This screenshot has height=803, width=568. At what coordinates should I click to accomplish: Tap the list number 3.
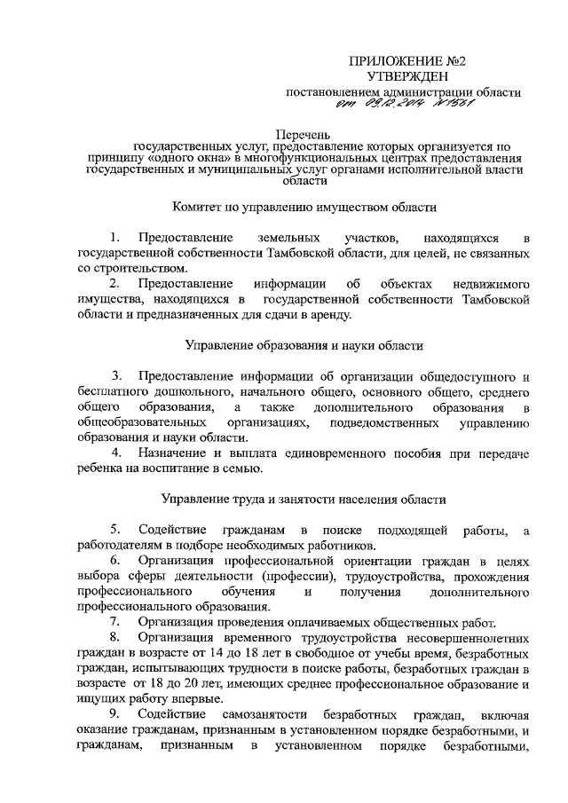(117, 375)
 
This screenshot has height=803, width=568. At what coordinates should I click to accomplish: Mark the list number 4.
(117, 453)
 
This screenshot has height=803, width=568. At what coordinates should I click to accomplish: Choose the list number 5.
(114, 531)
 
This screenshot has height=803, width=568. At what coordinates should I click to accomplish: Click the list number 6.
(114, 562)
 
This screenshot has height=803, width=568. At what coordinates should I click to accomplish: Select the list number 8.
(114, 638)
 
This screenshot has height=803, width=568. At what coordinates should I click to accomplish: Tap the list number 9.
(114, 715)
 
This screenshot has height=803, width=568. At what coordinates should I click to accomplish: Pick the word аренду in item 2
(330, 315)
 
